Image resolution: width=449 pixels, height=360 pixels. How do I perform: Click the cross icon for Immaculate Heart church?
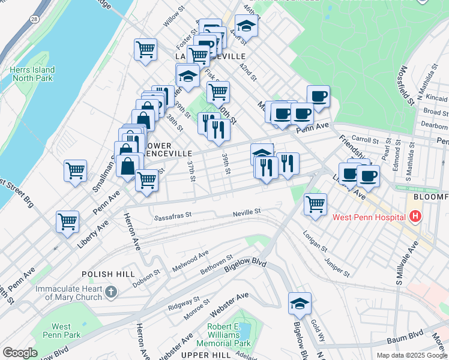point(110,292)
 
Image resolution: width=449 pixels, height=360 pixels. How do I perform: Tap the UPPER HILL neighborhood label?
point(206,355)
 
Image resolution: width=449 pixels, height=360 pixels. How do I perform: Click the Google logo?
point(20,353)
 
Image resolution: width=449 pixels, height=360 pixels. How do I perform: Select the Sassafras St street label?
point(172,215)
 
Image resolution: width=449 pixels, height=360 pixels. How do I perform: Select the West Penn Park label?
point(61,330)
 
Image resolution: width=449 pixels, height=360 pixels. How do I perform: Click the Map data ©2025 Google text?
point(411,355)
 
